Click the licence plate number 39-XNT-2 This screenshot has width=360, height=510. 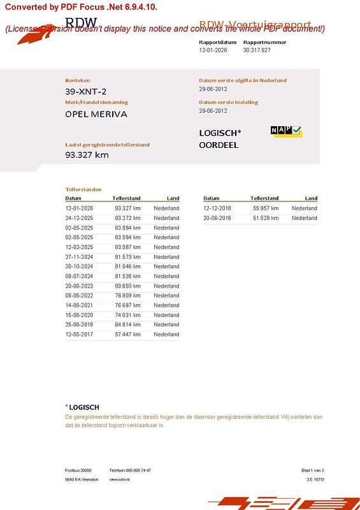pyautogui.click(x=86, y=92)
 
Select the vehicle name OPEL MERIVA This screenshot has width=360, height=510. pyautogui.click(x=96, y=115)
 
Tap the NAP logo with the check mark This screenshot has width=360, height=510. pyautogui.click(x=286, y=131)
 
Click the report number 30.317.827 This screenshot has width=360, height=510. pyautogui.click(x=257, y=50)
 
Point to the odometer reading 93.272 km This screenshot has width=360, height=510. pyautogui.click(x=127, y=218)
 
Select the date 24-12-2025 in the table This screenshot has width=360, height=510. pyautogui.click(x=79, y=218)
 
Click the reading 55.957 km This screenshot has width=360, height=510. pyautogui.click(x=266, y=208)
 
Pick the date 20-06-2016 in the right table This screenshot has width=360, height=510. pyautogui.click(x=217, y=218)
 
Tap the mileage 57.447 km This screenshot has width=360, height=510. pyautogui.click(x=127, y=335)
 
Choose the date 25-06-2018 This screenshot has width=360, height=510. pyautogui.click(x=79, y=325)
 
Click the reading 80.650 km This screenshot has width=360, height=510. pyautogui.click(x=127, y=286)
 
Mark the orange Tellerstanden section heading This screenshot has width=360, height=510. pyautogui.click(x=83, y=189)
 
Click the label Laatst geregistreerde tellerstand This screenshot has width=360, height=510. pyautogui.click(x=107, y=145)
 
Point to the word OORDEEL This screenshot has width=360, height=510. pyautogui.click(x=219, y=145)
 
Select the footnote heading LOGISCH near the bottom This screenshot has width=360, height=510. pyautogui.click(x=83, y=407)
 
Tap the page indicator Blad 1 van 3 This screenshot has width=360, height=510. pyautogui.click(x=312, y=470)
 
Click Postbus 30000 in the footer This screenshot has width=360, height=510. pyautogui.click(x=78, y=470)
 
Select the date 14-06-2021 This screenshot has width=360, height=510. pyautogui.click(x=79, y=305)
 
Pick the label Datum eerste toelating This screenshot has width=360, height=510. pyautogui.click(x=228, y=102)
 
